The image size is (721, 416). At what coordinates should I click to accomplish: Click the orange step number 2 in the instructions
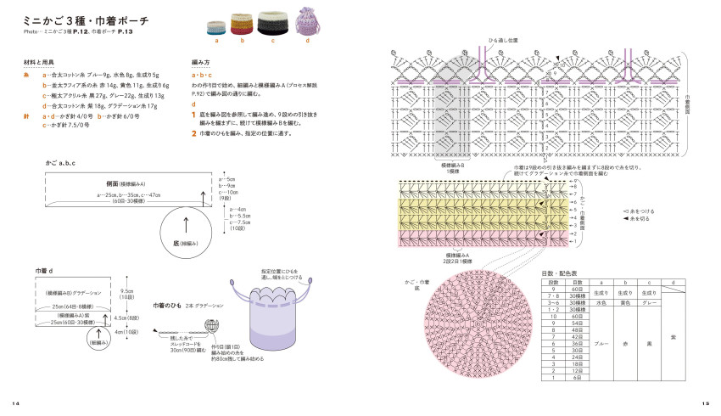click(x=194, y=133)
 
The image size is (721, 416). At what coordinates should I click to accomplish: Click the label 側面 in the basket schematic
click(x=112, y=183)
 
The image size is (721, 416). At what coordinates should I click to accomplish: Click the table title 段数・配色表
click(x=559, y=273)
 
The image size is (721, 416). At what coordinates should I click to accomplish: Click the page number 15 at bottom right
click(x=706, y=402)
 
